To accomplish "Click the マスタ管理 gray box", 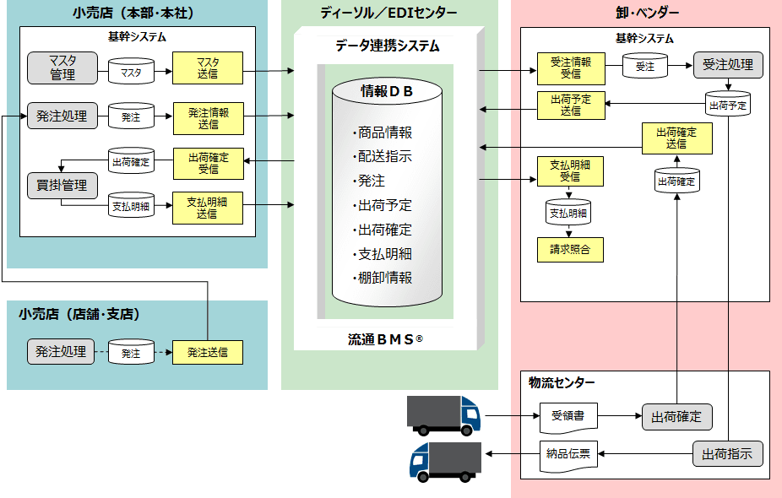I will [62, 68].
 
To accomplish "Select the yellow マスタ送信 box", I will [208, 68].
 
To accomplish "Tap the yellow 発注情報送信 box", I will [208, 118].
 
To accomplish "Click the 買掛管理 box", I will [62, 184].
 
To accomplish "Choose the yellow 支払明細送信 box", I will [208, 208].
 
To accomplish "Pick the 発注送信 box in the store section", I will [208, 352].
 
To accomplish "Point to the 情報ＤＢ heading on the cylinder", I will [387, 92].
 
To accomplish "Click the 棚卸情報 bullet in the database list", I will [384, 278].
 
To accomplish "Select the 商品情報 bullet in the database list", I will [384, 133].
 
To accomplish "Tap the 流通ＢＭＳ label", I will [385, 339].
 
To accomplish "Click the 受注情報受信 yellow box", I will [570, 68].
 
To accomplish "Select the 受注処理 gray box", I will [728, 65].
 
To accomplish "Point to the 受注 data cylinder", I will [645, 66].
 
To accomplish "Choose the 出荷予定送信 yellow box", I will [570, 105].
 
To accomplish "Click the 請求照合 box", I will [570, 249].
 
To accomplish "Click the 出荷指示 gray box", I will [728, 454].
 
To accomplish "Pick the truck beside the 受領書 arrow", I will [443, 414].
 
